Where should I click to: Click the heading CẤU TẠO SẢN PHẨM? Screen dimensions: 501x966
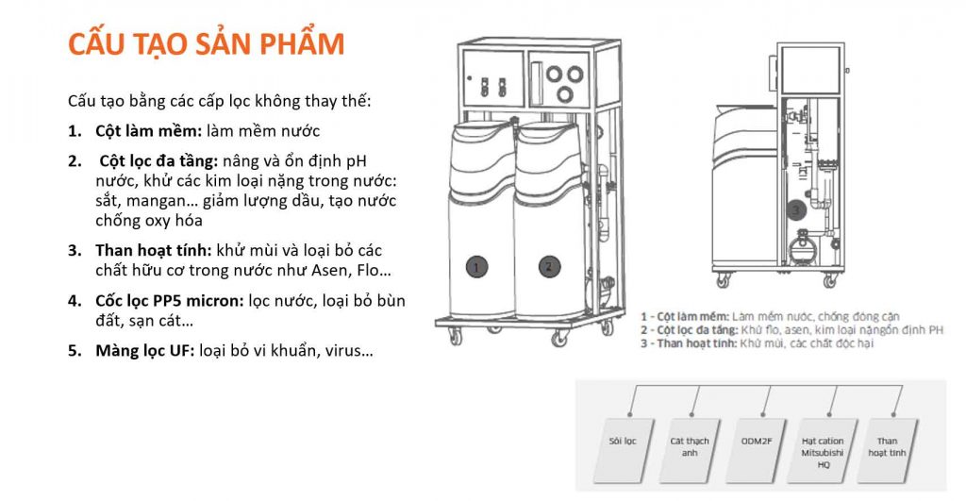pyautogui.click(x=206, y=44)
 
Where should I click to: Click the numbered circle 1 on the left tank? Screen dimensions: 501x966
pyautogui.click(x=477, y=267)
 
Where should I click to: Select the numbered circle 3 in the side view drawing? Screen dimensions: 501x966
pyautogui.click(x=795, y=209)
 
